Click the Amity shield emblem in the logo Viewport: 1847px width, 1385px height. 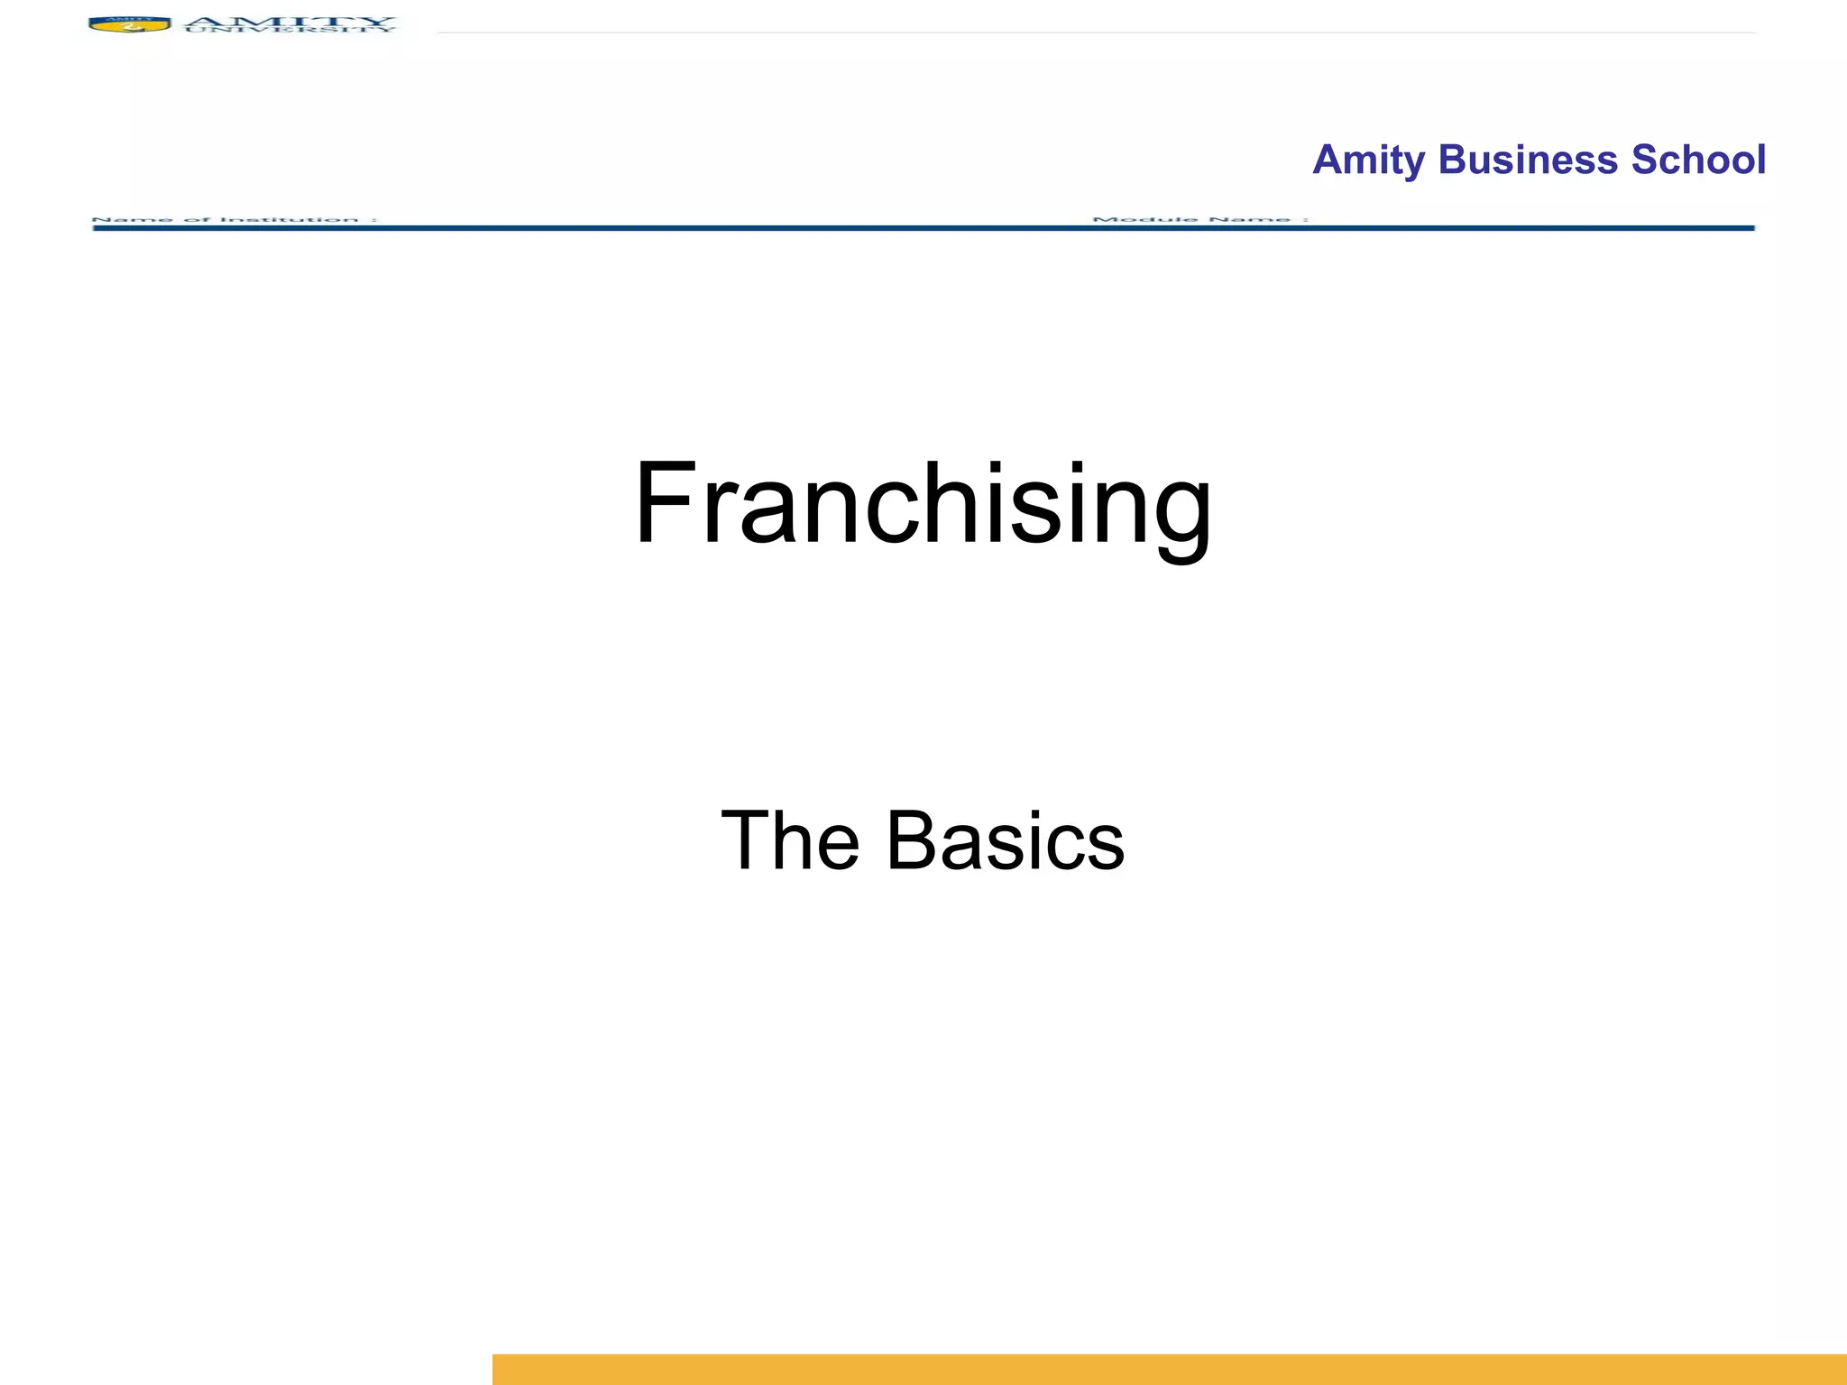pyautogui.click(x=129, y=24)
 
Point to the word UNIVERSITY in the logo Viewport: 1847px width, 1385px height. pyautogui.click(x=289, y=31)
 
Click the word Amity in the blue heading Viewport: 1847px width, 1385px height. pyautogui.click(x=1368, y=161)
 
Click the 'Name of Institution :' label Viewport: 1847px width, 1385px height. pyautogui.click(x=234, y=219)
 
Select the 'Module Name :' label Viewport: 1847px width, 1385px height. pyautogui.click(x=1199, y=219)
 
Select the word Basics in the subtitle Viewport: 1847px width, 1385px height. pyautogui.click(x=1006, y=840)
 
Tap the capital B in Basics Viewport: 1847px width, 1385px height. pyautogui.click(x=912, y=840)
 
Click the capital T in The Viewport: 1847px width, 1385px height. pyautogui.click(x=745, y=840)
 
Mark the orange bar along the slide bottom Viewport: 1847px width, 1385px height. pyautogui.click(x=1169, y=1369)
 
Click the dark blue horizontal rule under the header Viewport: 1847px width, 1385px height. pyautogui.click(x=923, y=228)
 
